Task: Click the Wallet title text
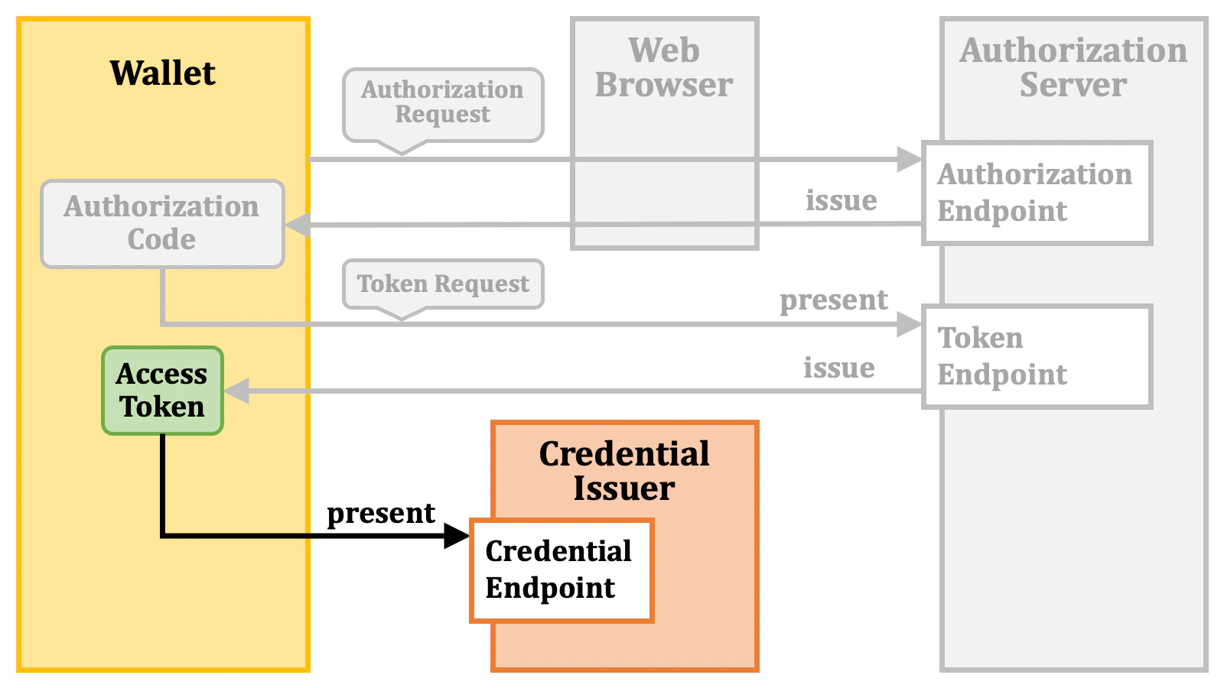[x=162, y=73]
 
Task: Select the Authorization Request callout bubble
[x=443, y=103]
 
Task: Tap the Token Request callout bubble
[x=443, y=284]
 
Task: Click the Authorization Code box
[x=162, y=223]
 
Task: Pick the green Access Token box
[x=162, y=391]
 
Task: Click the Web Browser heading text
[x=664, y=67]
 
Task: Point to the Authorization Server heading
[x=1073, y=67]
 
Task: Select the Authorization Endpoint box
[x=1037, y=193]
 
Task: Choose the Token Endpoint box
[x=1037, y=356]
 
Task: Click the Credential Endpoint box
[x=561, y=570]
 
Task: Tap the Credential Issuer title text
[x=624, y=471]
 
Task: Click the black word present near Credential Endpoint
[x=381, y=513]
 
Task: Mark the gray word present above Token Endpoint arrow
[x=834, y=300]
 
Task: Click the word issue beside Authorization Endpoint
[x=841, y=200]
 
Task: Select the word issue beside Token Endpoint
[x=838, y=368]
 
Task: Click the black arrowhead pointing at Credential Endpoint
[x=457, y=536]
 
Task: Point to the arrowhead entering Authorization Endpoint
[x=910, y=159]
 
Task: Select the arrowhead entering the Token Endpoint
[x=910, y=324]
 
